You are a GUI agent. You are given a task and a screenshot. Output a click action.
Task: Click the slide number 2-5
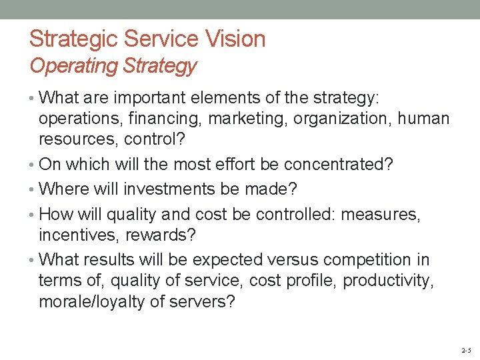coord(465,349)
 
